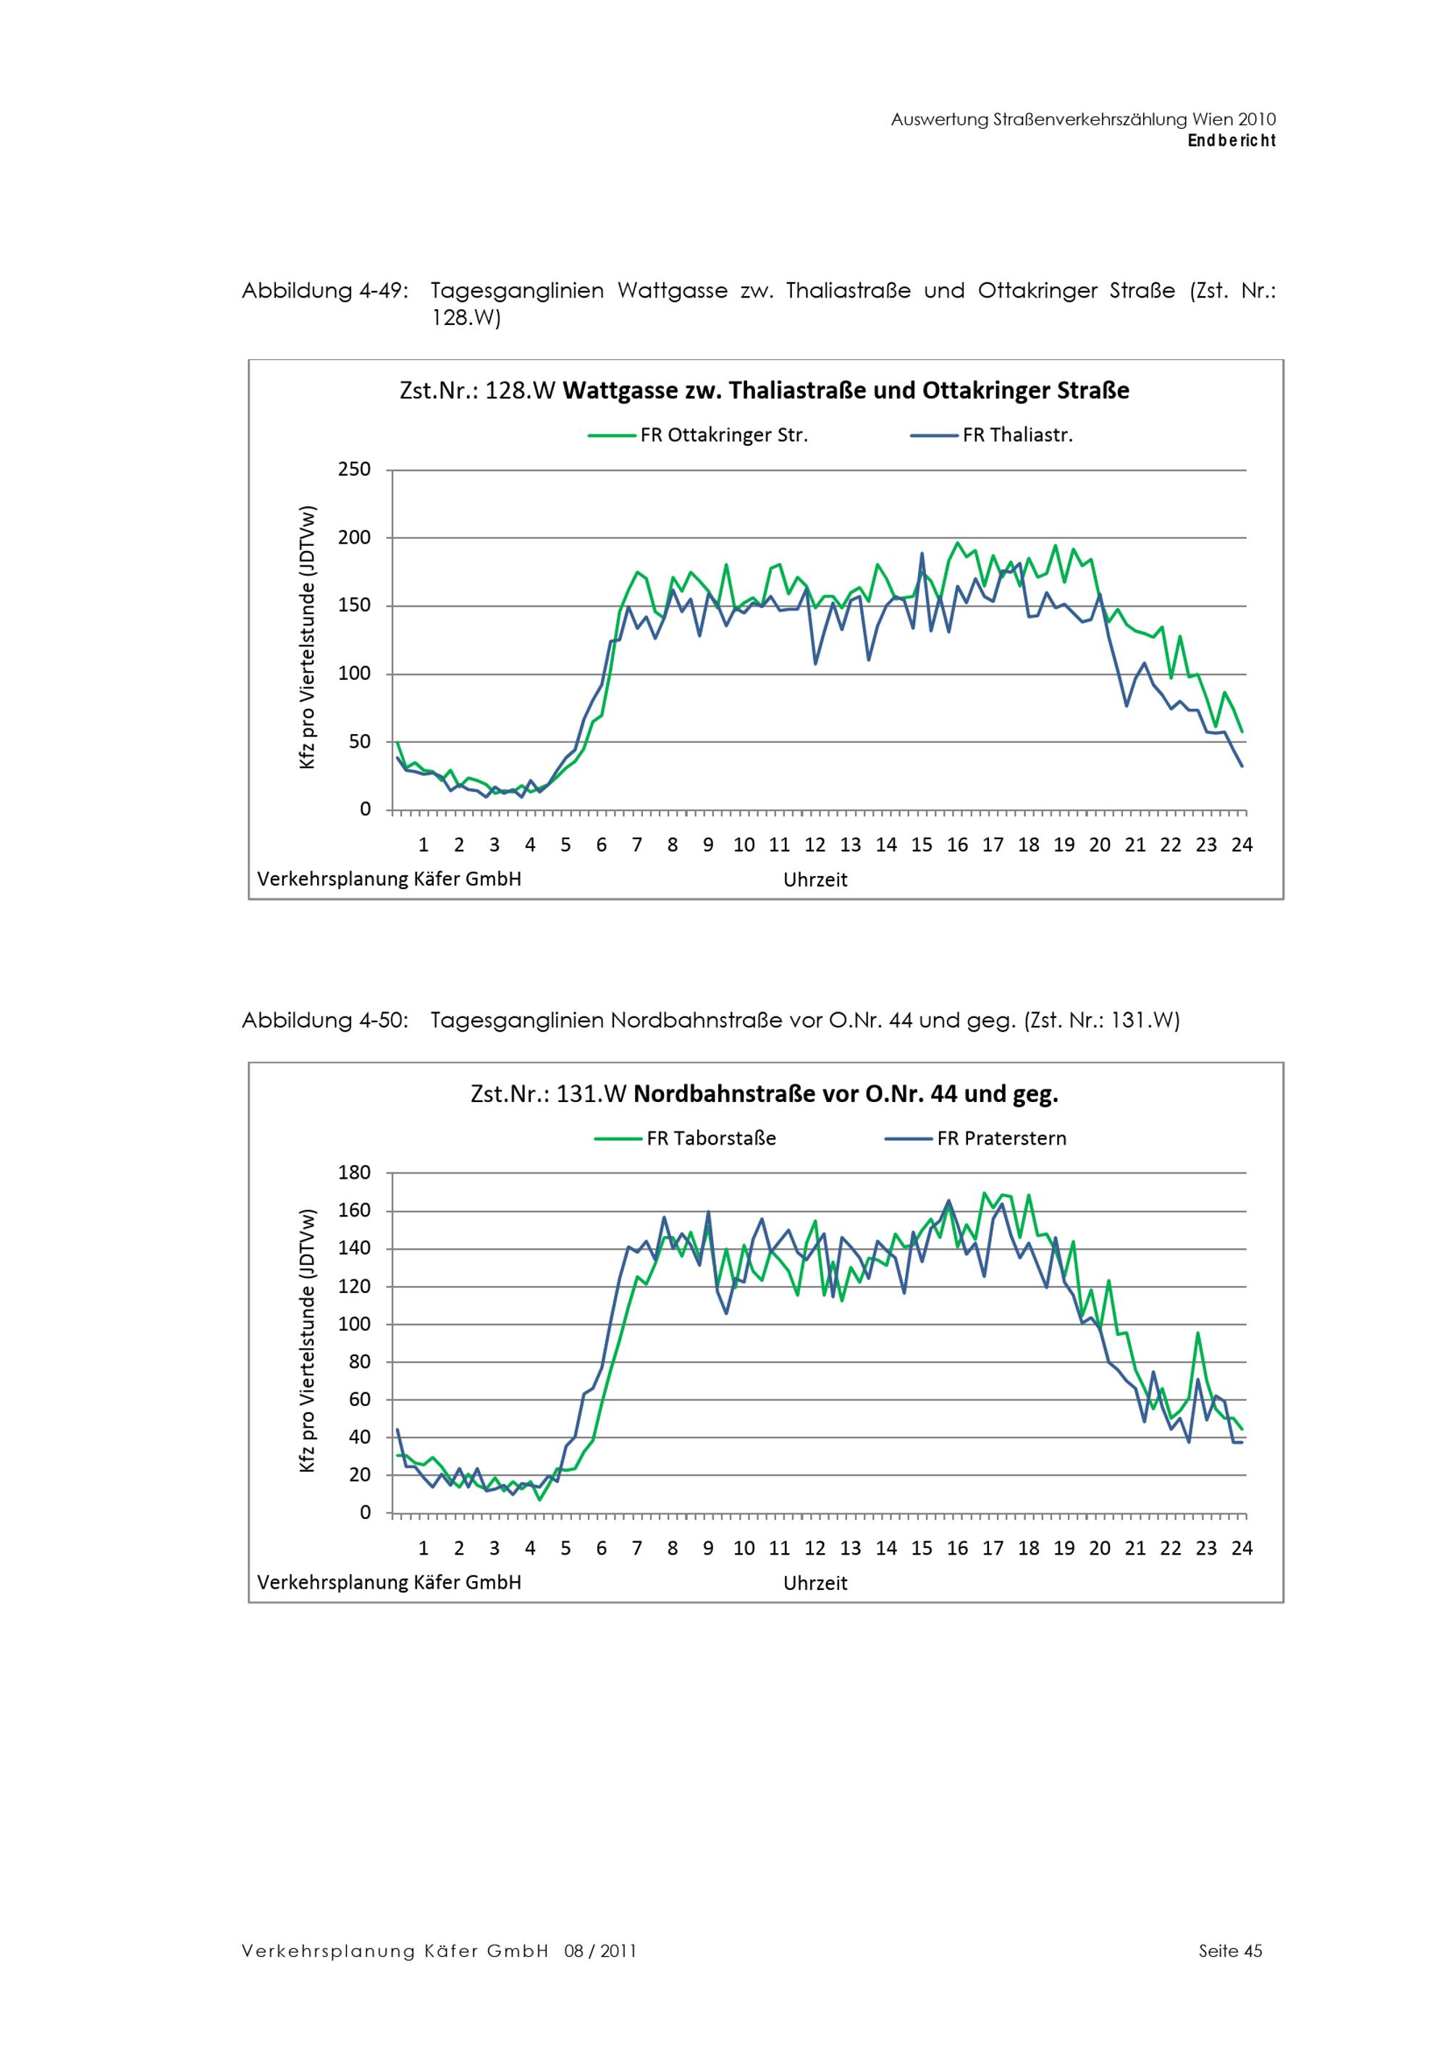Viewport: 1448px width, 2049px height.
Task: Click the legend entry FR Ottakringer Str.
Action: tap(723, 435)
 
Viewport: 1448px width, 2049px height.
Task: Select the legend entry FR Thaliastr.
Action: tap(1017, 435)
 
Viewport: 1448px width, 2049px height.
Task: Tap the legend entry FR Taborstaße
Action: tap(711, 1139)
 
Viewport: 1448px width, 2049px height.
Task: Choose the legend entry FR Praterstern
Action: tap(1001, 1139)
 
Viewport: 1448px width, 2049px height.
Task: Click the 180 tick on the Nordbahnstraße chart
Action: tap(354, 1173)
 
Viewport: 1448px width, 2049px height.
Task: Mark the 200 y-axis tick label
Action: tap(354, 538)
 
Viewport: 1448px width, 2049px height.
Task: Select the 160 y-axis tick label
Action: tap(354, 1211)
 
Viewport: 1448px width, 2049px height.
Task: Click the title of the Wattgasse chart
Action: tap(764, 391)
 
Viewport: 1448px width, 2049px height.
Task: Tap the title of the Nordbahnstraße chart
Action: tap(764, 1094)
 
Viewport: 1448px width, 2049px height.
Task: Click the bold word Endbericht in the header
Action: tap(1232, 141)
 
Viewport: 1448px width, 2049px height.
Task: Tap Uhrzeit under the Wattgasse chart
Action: tap(814, 880)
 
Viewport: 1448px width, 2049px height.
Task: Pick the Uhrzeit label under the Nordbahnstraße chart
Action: tap(814, 1583)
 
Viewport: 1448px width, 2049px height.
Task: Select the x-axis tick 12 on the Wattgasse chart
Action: tap(814, 845)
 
